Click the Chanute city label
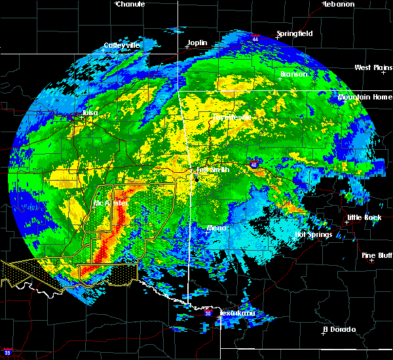(x=130, y=4)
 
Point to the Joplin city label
(x=197, y=43)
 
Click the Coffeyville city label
(x=122, y=46)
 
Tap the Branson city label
(x=294, y=74)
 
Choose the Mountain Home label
(x=365, y=98)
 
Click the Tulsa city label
(x=90, y=113)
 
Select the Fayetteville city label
(x=231, y=117)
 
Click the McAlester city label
(x=111, y=204)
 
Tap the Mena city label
(x=217, y=228)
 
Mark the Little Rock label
(x=364, y=217)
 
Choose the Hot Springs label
(x=314, y=234)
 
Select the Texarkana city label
(x=237, y=314)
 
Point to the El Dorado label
(x=339, y=329)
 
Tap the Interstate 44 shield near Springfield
(x=255, y=39)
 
